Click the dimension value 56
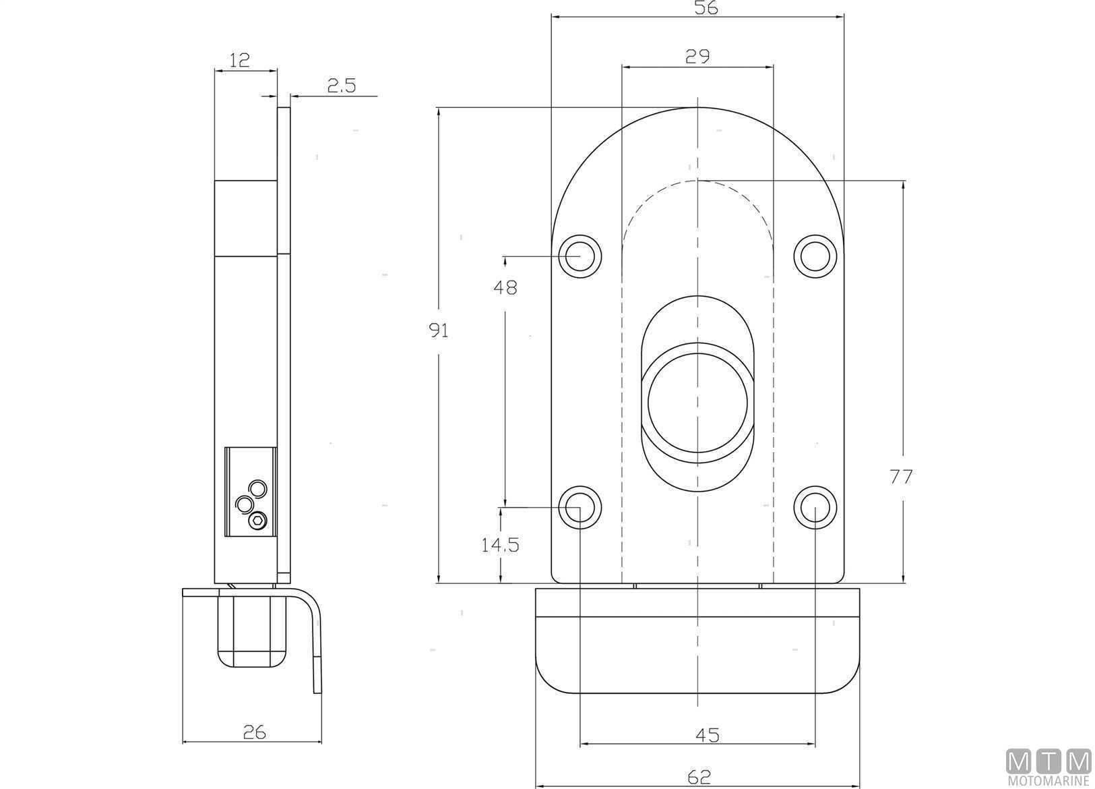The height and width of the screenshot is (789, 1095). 706,7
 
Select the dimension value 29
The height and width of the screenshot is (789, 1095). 697,57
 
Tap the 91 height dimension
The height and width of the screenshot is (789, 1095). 439,331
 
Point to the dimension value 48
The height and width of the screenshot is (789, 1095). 505,288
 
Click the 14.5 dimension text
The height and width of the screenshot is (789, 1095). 500,545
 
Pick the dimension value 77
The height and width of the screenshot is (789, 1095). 901,477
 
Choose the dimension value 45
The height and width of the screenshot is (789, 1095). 708,735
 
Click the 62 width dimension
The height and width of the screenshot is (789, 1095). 699,777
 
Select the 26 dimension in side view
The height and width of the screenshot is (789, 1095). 254,732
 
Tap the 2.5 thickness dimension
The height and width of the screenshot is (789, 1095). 342,86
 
